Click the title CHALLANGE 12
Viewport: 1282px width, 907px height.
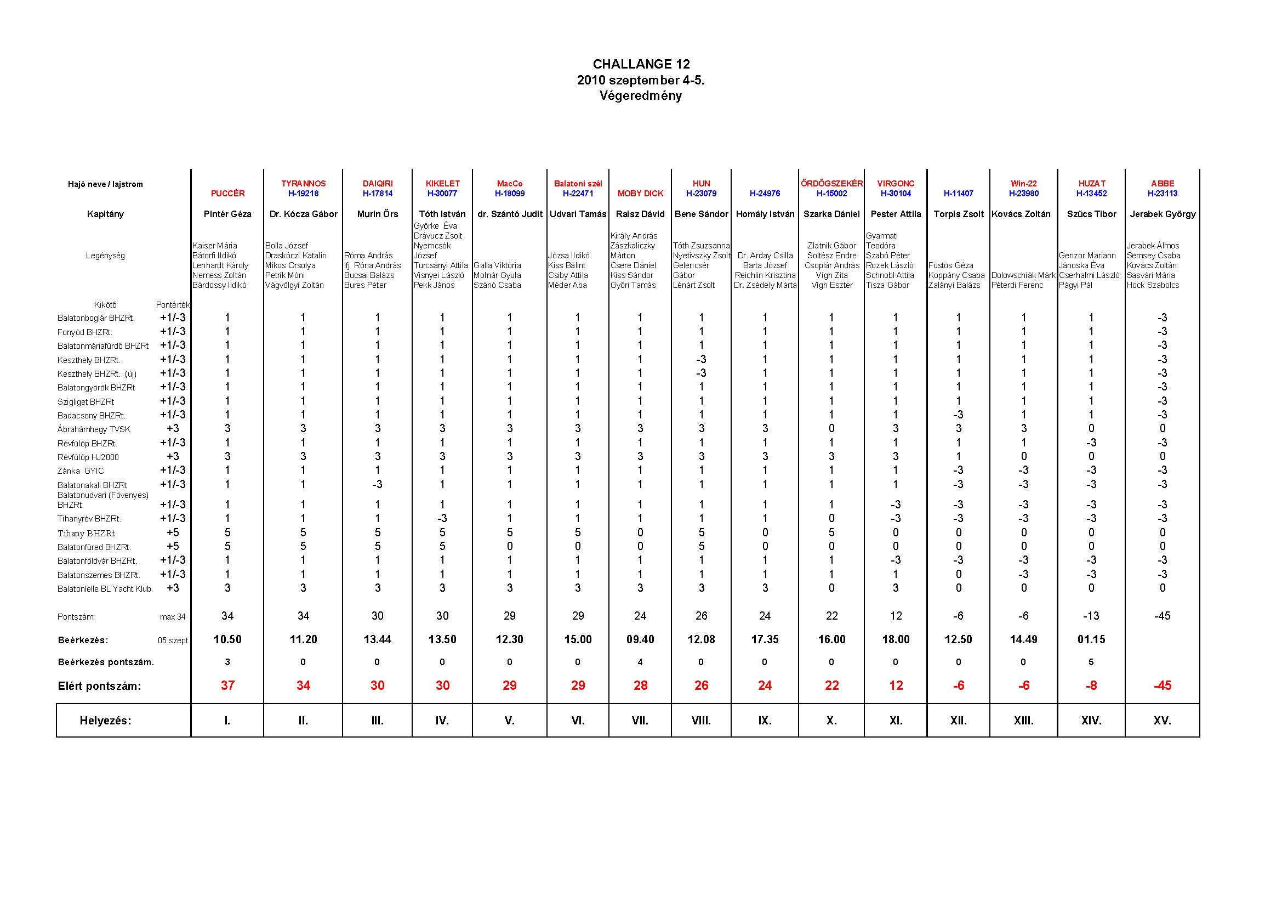click(x=641, y=64)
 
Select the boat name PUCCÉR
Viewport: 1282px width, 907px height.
click(x=227, y=194)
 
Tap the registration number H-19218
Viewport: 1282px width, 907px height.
click(x=303, y=194)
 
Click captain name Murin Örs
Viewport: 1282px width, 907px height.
click(x=378, y=214)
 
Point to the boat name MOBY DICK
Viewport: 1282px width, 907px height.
click(x=640, y=194)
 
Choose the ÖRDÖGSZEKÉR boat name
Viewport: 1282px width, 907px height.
click(x=831, y=184)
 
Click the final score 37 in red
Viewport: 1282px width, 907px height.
click(x=227, y=685)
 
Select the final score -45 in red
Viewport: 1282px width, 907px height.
click(x=1162, y=685)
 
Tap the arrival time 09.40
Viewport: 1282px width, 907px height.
click(x=640, y=639)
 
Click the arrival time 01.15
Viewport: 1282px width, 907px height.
click(x=1091, y=639)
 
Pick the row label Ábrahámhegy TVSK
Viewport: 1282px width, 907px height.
click(x=94, y=429)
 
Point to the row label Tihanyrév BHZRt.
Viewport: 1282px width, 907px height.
click(x=89, y=519)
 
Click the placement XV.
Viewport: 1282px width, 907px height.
click(x=1162, y=721)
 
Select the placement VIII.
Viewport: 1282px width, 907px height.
click(x=702, y=721)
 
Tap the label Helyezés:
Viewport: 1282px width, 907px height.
click(x=106, y=721)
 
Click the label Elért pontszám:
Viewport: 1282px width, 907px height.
click(x=99, y=687)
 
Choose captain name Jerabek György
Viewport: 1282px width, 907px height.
click(x=1163, y=214)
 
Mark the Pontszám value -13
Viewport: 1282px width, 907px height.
click(x=1091, y=616)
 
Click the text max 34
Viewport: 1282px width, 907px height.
click(x=173, y=617)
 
